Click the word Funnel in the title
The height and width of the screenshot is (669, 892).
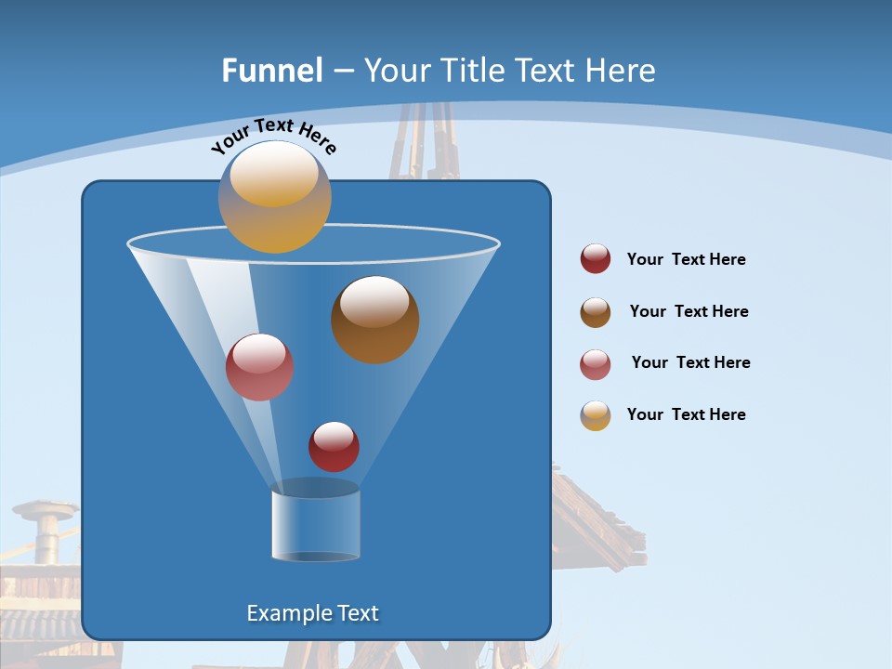pyautogui.click(x=271, y=71)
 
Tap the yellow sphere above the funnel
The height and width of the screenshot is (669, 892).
pyautogui.click(x=274, y=196)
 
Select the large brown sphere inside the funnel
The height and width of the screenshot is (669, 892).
pyautogui.click(x=374, y=320)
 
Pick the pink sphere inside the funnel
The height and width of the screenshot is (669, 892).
pyautogui.click(x=259, y=367)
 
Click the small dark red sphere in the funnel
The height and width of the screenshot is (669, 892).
pyautogui.click(x=334, y=446)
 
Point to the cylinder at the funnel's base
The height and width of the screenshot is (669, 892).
pyautogui.click(x=315, y=526)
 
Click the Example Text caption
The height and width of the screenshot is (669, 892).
pyautogui.click(x=312, y=613)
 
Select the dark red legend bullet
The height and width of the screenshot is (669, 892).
pyautogui.click(x=596, y=258)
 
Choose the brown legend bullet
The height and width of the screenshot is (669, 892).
pyautogui.click(x=596, y=312)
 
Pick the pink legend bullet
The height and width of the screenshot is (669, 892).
pyautogui.click(x=596, y=364)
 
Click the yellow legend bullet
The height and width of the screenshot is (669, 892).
pyautogui.click(x=596, y=415)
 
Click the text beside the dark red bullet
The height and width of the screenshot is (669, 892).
pyautogui.click(x=686, y=259)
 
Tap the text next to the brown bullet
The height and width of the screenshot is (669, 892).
pyautogui.click(x=689, y=311)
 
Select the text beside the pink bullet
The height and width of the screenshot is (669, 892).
pyautogui.click(x=690, y=362)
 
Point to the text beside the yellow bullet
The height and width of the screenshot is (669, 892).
pyautogui.click(x=686, y=414)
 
